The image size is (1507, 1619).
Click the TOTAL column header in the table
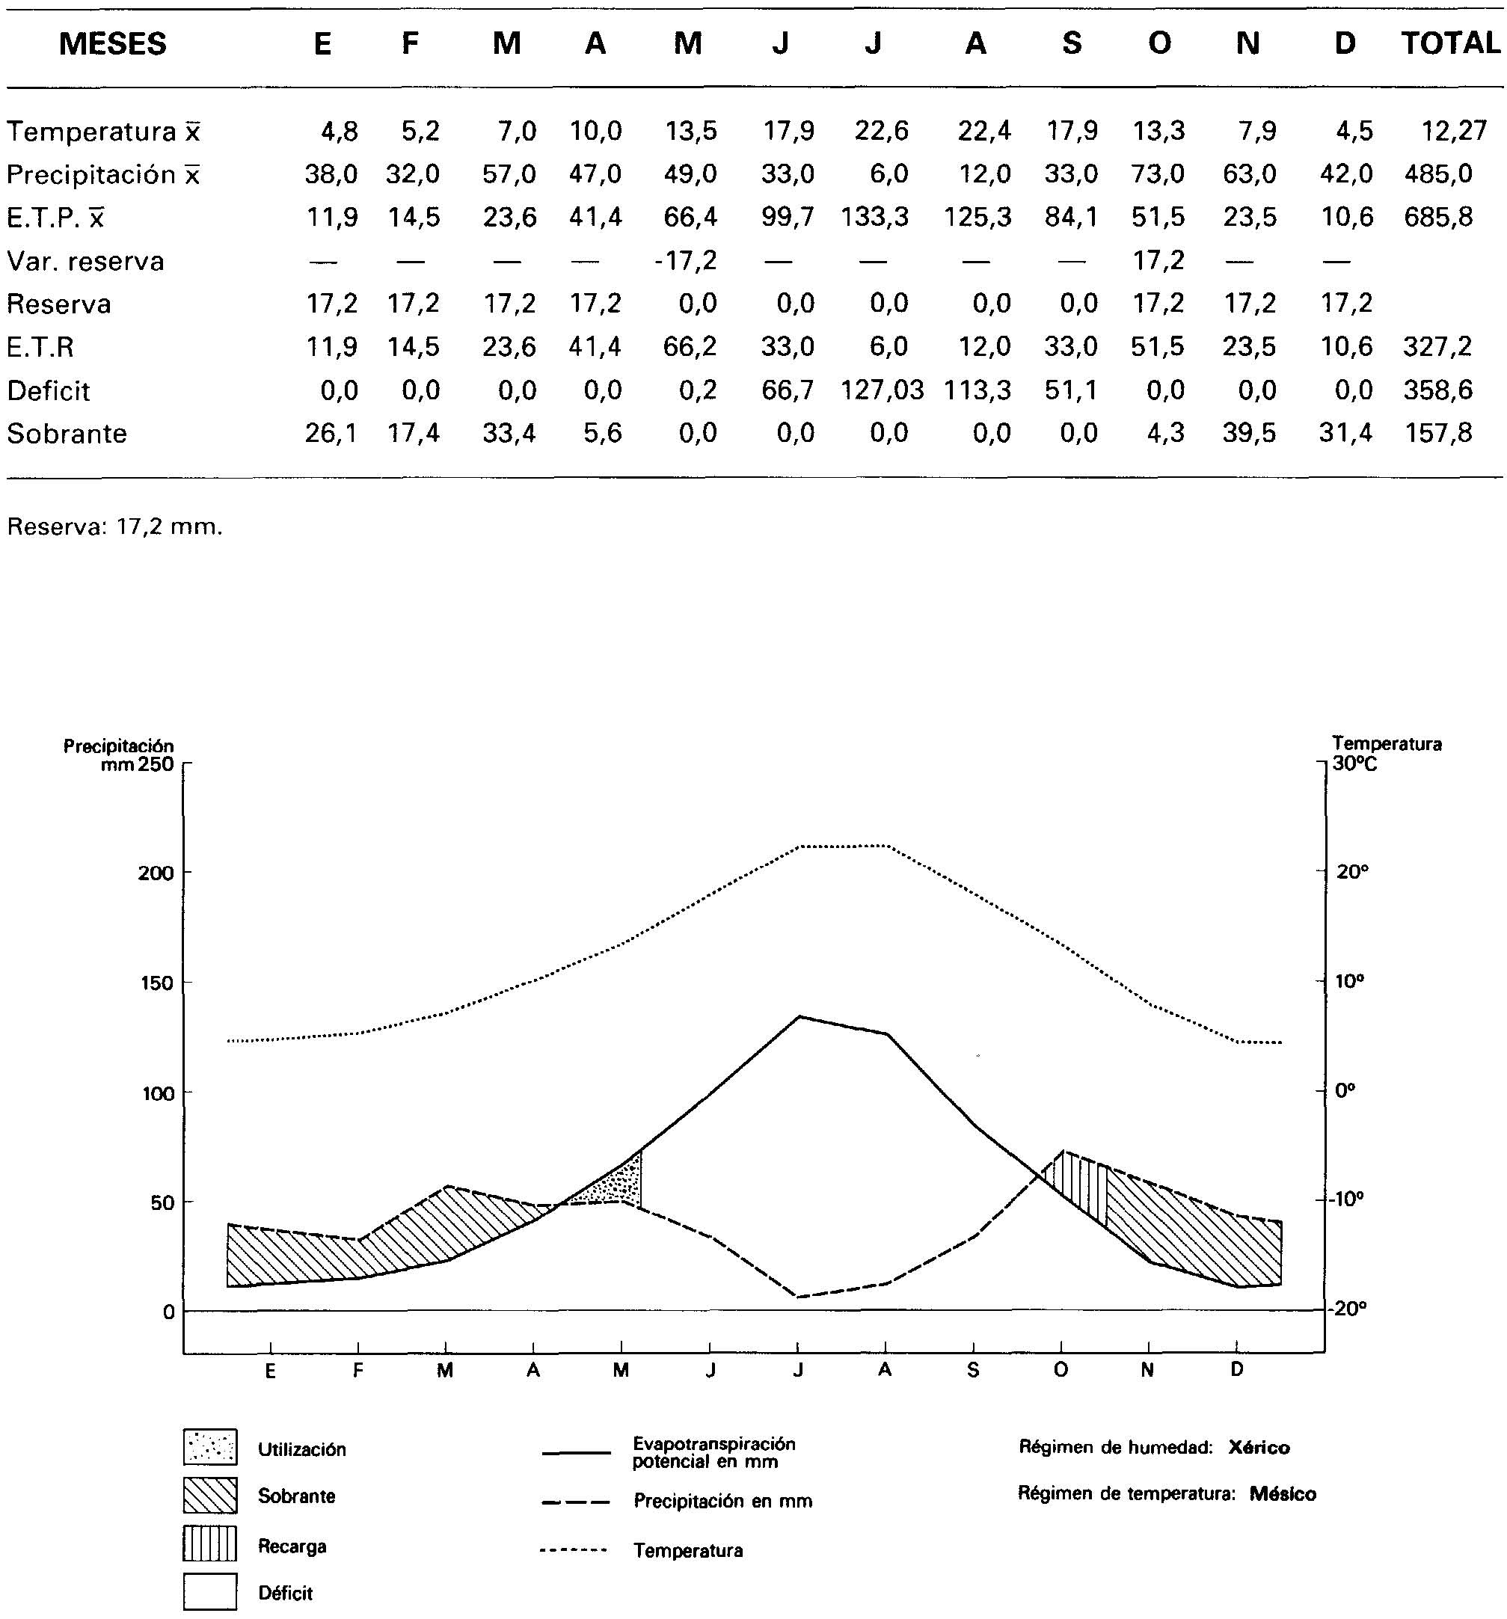pyautogui.click(x=1450, y=43)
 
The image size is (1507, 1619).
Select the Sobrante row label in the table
pyautogui.click(x=67, y=434)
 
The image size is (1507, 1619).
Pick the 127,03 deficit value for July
pyautogui.click(x=883, y=390)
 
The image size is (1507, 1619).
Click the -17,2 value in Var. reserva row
pyautogui.click(x=685, y=260)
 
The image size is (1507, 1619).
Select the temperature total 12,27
pyautogui.click(x=1454, y=130)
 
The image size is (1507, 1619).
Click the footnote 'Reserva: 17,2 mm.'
pyautogui.click(x=114, y=527)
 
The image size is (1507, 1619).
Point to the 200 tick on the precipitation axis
pyautogui.click(x=156, y=873)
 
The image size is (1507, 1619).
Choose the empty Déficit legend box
pyautogui.click(x=210, y=1591)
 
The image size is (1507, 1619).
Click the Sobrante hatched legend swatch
pyautogui.click(x=210, y=1495)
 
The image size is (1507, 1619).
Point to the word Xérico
pyautogui.click(x=1259, y=1447)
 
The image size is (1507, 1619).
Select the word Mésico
pyautogui.click(x=1282, y=1493)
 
